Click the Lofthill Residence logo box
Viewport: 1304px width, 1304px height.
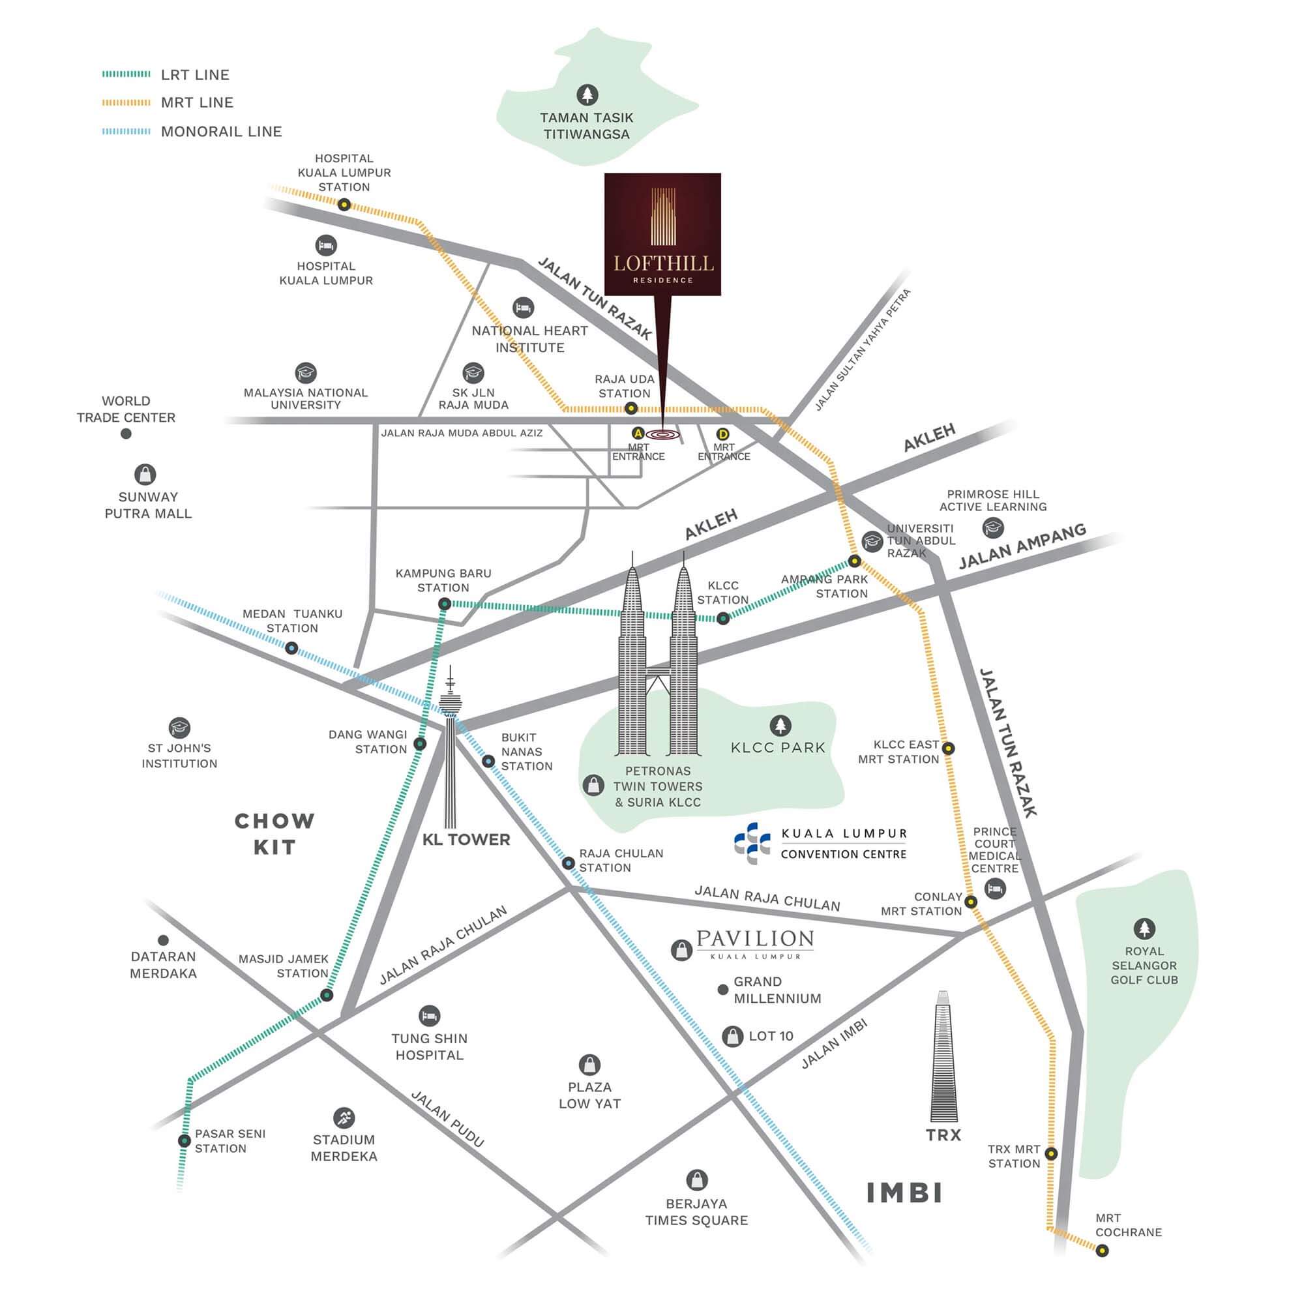662,233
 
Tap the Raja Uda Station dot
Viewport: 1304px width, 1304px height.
630,407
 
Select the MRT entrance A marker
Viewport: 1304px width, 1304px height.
636,433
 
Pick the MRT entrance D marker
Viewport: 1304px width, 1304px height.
723,434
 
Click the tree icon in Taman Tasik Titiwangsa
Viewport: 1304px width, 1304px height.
587,95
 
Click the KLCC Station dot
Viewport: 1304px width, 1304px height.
723,617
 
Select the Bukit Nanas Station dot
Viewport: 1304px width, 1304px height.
488,762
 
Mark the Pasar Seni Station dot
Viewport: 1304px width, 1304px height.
184,1140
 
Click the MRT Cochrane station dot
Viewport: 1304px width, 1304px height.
1102,1251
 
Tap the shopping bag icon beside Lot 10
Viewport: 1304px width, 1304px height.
732,1036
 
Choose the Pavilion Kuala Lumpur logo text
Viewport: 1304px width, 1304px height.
754,941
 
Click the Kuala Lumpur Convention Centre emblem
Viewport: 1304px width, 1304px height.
752,843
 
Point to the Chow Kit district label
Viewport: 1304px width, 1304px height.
274,833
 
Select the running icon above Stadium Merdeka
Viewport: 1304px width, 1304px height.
344,1117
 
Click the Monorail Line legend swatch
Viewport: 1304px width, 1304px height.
126,132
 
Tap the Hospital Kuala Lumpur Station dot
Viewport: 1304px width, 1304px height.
344,204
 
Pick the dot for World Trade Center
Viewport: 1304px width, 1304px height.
126,434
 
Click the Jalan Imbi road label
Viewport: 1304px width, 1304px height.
833,1043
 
